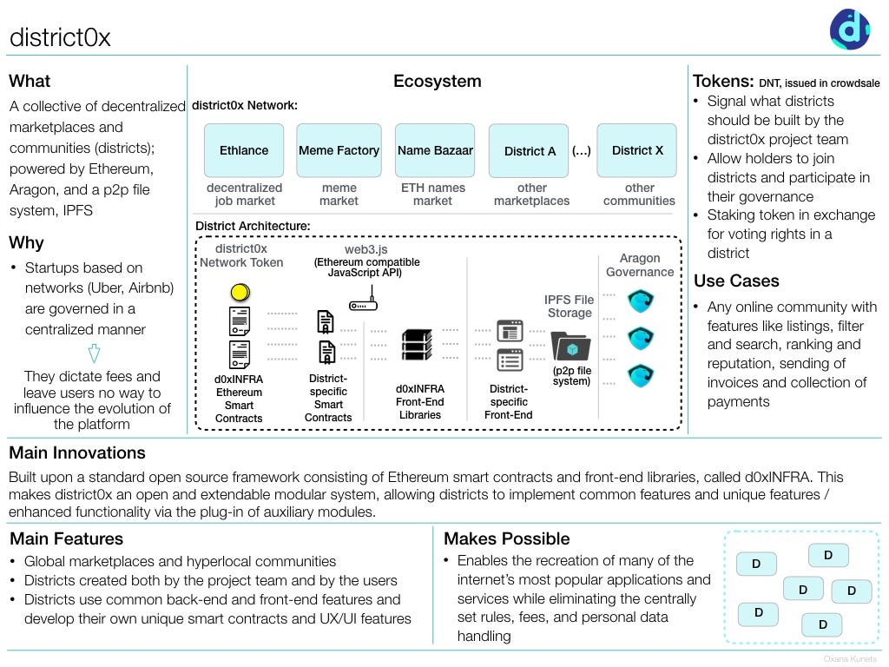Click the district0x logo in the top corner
[850, 29]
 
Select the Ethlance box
[244, 150]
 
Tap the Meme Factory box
[339, 150]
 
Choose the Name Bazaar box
[435, 150]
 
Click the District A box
[530, 151]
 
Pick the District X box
[637, 150]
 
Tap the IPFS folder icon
[570, 347]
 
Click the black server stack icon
[417, 345]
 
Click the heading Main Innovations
[77, 452]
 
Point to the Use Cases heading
[736, 281]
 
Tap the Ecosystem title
[437, 82]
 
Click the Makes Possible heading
[506, 538]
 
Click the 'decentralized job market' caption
[244, 194]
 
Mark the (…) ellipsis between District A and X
[581, 150]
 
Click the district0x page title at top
[60, 37]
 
